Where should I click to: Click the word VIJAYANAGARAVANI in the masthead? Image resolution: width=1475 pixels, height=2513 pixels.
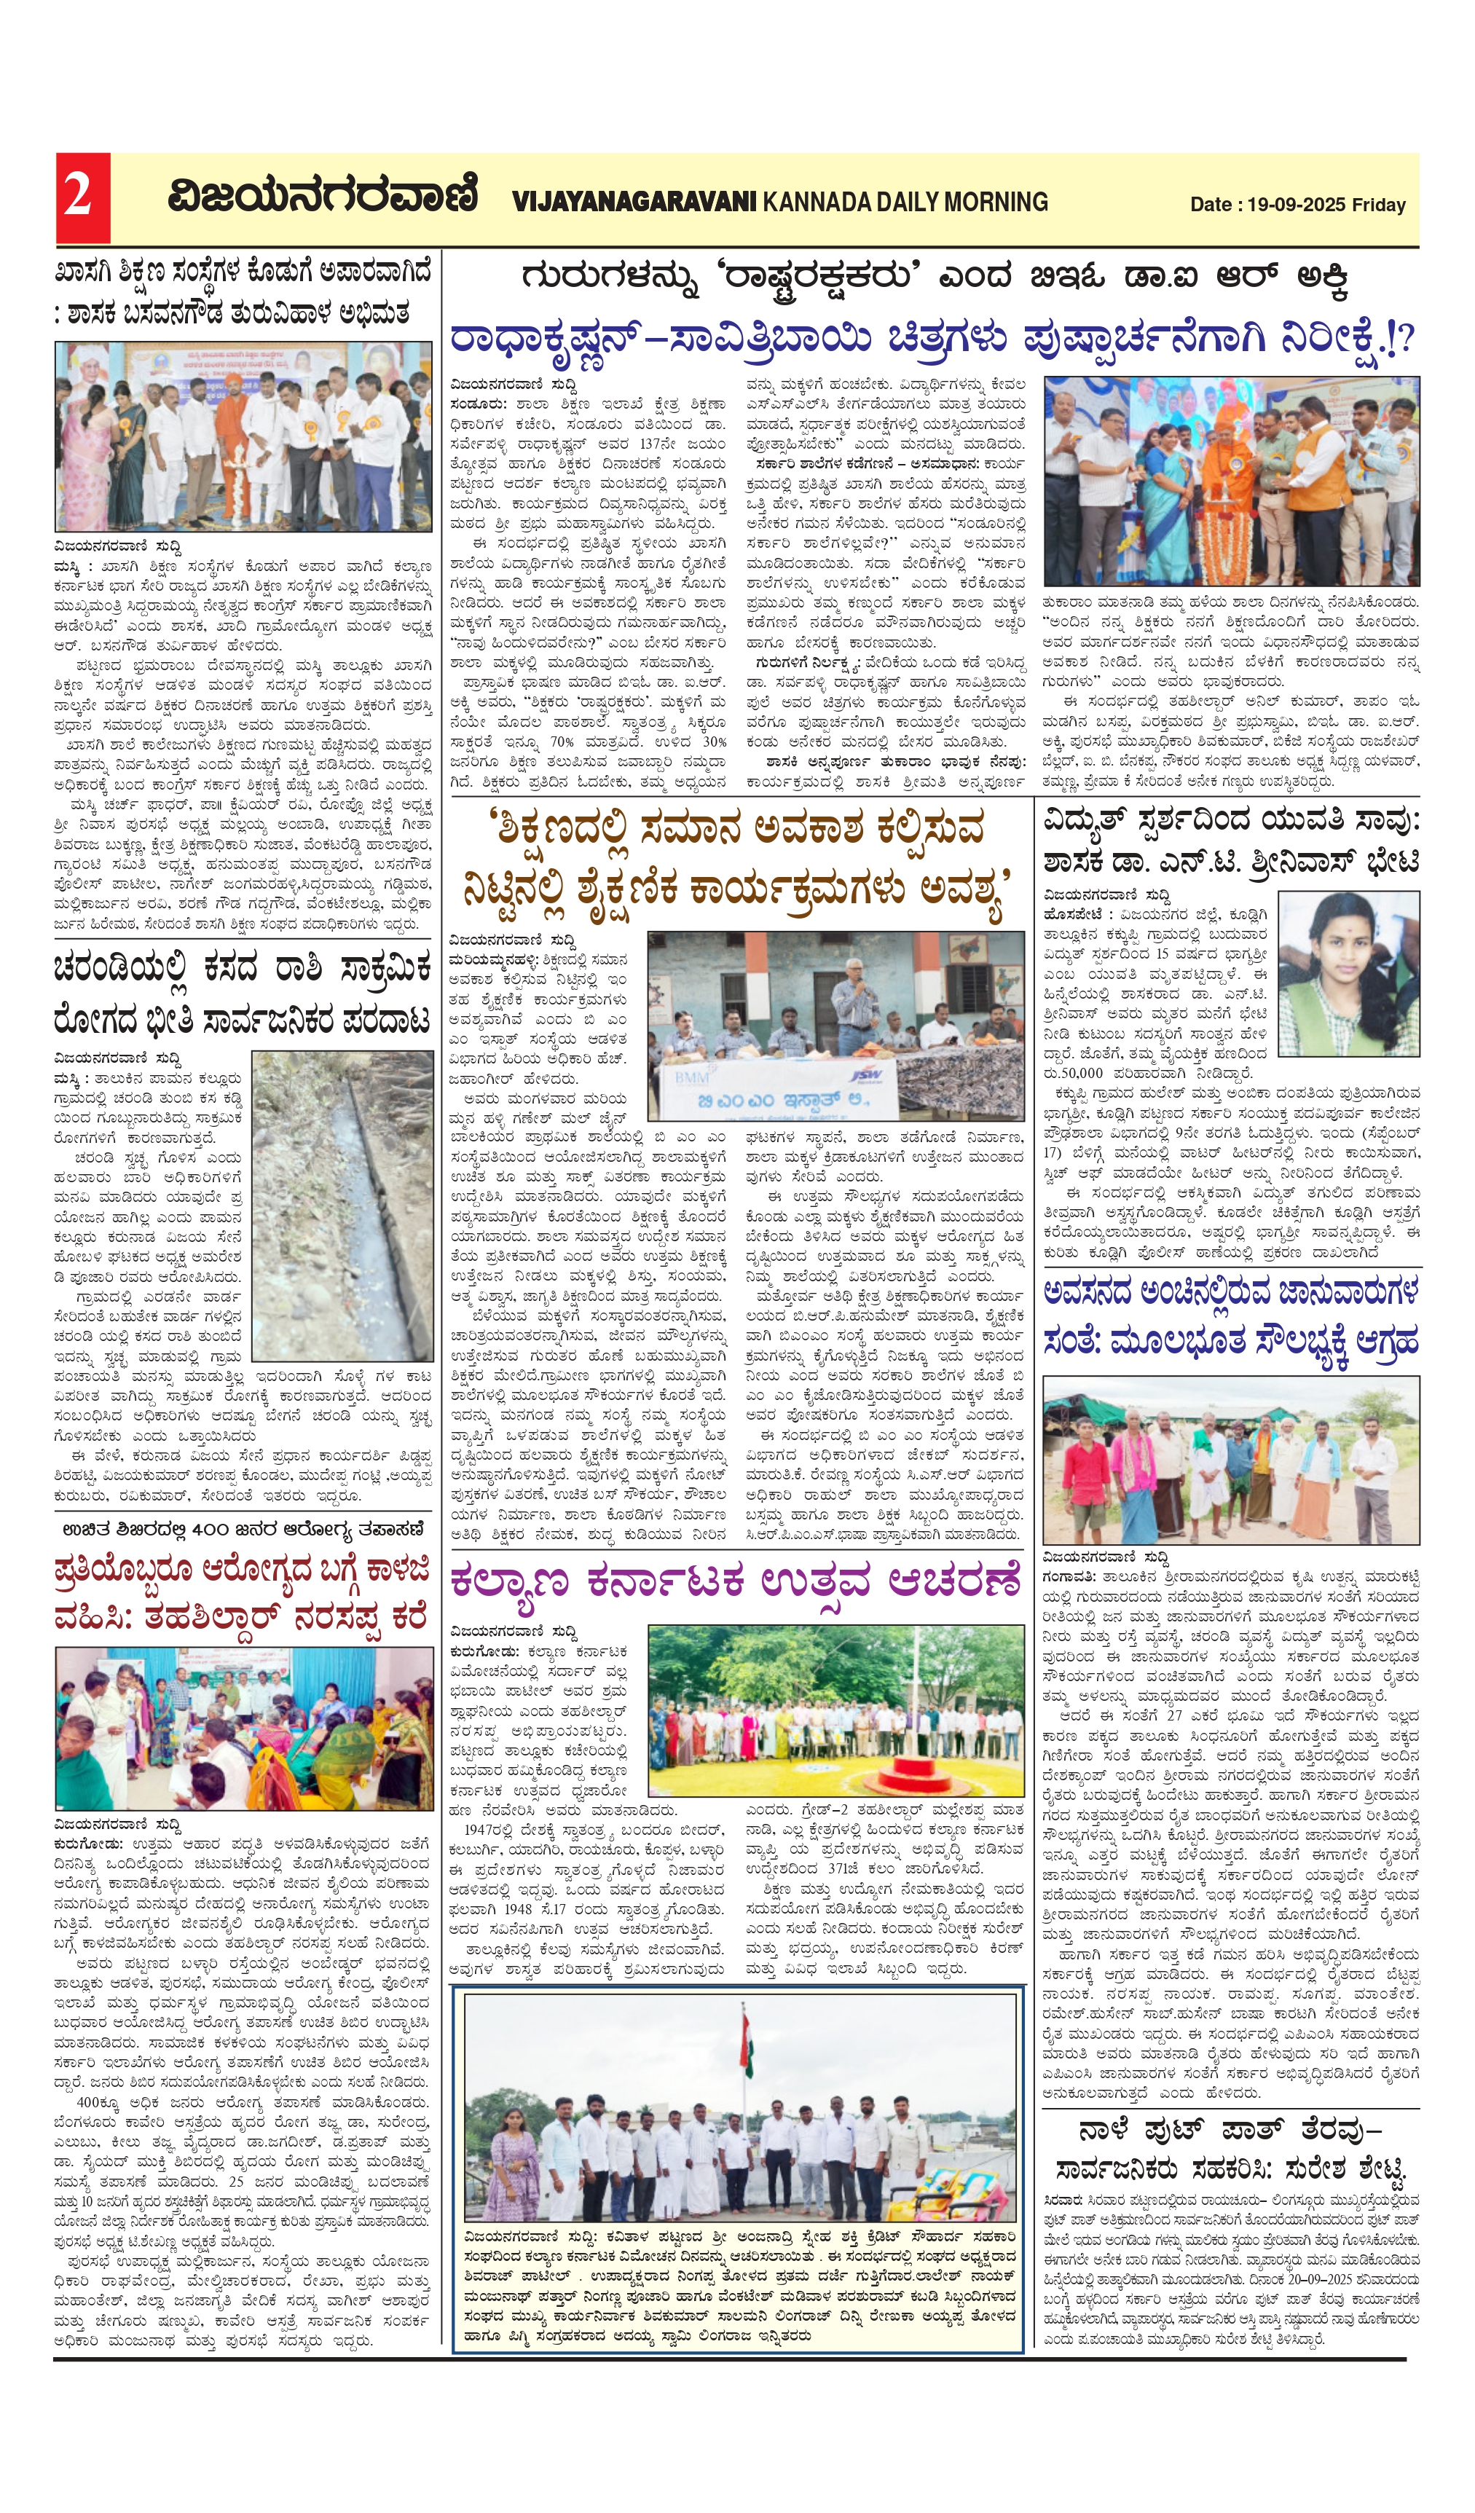point(634,202)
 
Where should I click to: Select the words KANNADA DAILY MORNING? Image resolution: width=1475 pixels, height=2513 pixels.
point(905,202)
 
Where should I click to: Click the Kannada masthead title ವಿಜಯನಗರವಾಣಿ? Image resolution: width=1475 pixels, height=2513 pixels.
point(321,195)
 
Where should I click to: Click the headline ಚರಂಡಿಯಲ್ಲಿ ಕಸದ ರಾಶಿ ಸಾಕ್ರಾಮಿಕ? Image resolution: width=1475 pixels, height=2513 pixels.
point(243,992)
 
